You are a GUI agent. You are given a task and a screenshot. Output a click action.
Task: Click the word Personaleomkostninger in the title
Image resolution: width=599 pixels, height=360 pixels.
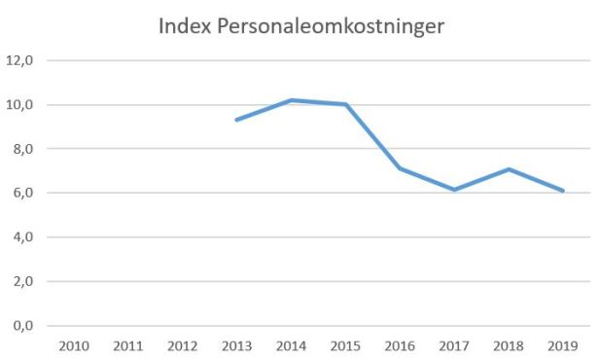(330, 27)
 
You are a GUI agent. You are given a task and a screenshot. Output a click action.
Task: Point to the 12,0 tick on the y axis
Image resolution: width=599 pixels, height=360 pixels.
(20, 60)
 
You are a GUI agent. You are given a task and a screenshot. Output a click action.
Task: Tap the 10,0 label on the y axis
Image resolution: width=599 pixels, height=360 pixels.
(20, 105)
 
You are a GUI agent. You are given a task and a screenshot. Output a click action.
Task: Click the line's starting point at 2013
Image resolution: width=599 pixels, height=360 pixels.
(236, 120)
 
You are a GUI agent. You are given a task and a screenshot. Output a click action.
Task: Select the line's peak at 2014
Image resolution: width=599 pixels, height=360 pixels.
(291, 100)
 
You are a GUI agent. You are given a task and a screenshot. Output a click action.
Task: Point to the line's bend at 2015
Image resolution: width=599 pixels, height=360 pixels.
(345, 104)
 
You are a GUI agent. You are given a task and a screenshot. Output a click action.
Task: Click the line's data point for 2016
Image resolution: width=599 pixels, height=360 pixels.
(400, 168)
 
